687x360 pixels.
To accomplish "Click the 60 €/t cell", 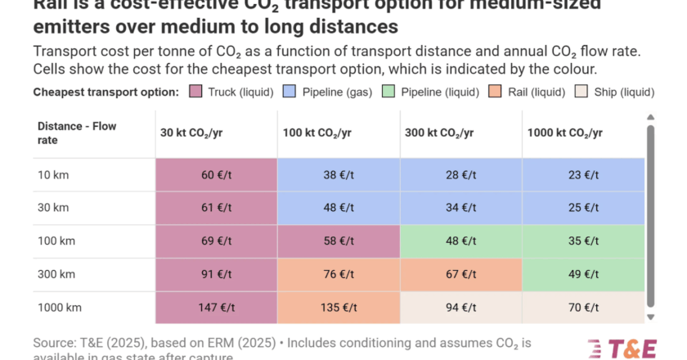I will [216, 174].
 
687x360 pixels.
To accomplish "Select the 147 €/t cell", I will [216, 308].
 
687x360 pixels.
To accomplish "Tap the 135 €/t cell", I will [338, 308].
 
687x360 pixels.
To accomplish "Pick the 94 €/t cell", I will [460, 308].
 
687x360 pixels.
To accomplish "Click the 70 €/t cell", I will [582, 308].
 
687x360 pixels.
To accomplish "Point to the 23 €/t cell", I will [582, 174].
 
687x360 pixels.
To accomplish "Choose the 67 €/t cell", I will [460, 275].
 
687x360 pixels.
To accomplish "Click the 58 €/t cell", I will [338, 241].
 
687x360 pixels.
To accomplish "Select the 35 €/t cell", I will [582, 241].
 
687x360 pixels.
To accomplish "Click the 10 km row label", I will [54, 174].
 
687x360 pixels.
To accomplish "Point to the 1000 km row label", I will [59, 308].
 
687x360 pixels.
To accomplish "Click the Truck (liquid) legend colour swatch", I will [195, 92].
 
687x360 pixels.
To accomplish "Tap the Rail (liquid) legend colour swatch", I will [479, 92].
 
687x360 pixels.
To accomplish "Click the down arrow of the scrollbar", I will [651, 317].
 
